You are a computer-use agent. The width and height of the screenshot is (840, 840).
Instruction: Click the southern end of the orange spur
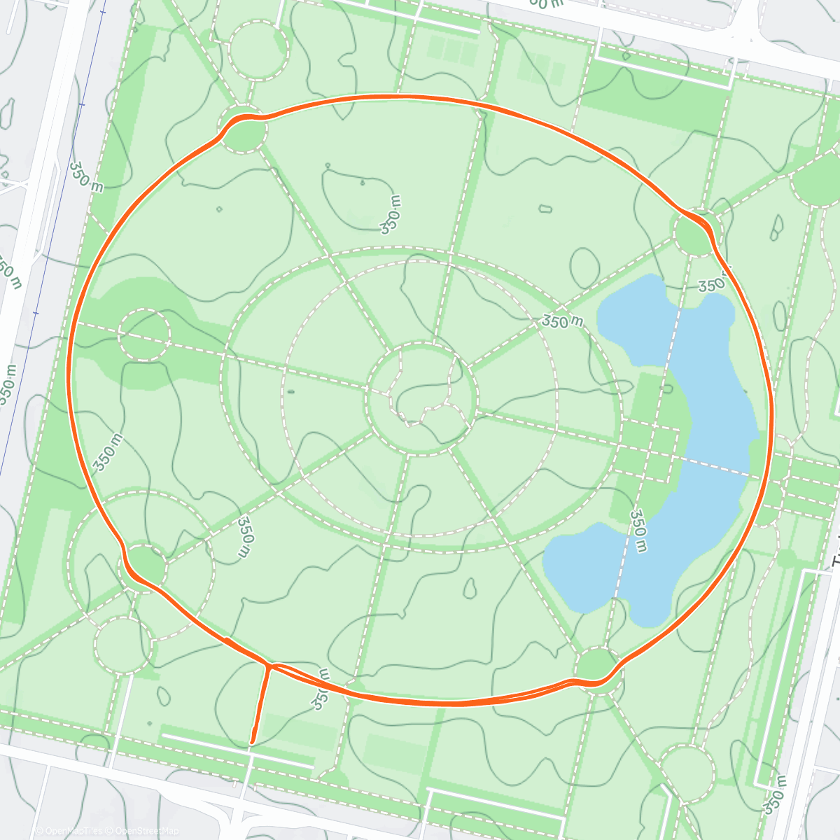[x=252, y=741]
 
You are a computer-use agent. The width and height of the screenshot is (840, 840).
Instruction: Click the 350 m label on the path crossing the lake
[x=638, y=531]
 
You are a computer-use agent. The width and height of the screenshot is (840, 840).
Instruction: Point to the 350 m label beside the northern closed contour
[x=391, y=214]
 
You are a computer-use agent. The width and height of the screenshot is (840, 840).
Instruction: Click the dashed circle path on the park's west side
[x=144, y=335]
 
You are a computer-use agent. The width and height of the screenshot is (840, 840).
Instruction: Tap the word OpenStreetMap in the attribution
[x=141, y=831]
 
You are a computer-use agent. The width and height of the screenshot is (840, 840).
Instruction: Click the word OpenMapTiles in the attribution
[x=73, y=831]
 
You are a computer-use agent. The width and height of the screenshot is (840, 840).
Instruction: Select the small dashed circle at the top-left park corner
[x=258, y=50]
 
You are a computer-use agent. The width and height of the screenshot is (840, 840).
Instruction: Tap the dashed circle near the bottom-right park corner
[x=687, y=773]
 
